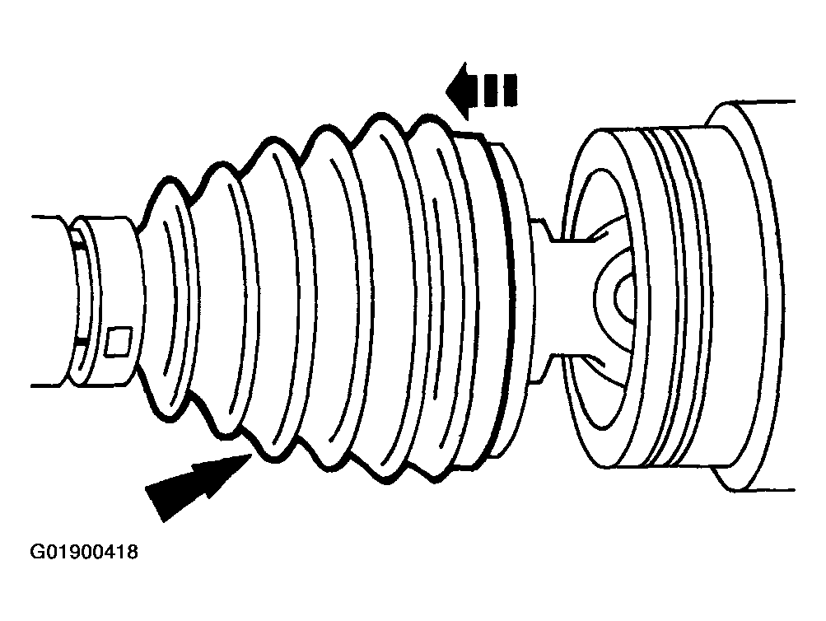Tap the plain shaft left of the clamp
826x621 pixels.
[49, 301]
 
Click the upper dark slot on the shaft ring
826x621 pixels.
[77, 241]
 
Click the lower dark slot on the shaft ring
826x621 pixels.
[80, 338]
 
